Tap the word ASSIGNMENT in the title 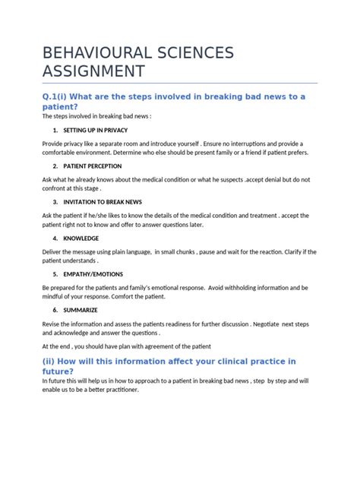click(94, 72)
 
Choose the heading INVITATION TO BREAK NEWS click(102, 203)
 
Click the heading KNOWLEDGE click(81, 238)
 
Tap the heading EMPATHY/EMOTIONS click(93, 273)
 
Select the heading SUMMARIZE click(82, 310)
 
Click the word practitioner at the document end click(128, 390)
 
